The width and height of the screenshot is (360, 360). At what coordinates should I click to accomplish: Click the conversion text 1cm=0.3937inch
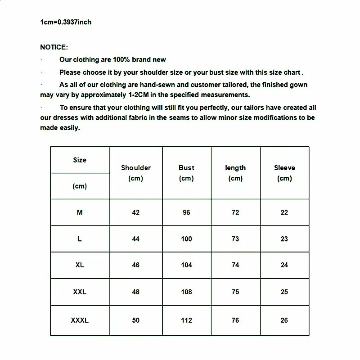coord(66,22)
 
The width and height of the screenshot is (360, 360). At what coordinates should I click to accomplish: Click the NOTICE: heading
coord(54,47)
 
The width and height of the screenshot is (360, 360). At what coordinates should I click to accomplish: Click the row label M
coord(80,212)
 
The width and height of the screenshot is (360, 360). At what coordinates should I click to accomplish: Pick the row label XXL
coord(80,292)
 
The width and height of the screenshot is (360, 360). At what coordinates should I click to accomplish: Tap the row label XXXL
coord(80,320)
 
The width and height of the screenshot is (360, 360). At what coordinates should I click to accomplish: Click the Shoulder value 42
coord(136,212)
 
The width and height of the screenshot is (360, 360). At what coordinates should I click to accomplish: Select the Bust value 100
coord(186,239)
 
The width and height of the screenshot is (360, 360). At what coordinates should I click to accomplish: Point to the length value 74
coord(235,265)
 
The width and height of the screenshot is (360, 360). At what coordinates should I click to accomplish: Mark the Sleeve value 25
coord(284,292)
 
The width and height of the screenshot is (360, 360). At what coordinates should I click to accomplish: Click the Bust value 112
coord(186,320)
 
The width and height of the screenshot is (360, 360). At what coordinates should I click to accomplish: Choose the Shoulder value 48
coord(136,292)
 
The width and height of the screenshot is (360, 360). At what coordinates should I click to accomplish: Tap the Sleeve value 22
coord(284,212)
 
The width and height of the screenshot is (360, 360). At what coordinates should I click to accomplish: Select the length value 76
coord(235,320)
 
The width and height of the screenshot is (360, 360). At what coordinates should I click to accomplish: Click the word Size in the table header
coord(80,160)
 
